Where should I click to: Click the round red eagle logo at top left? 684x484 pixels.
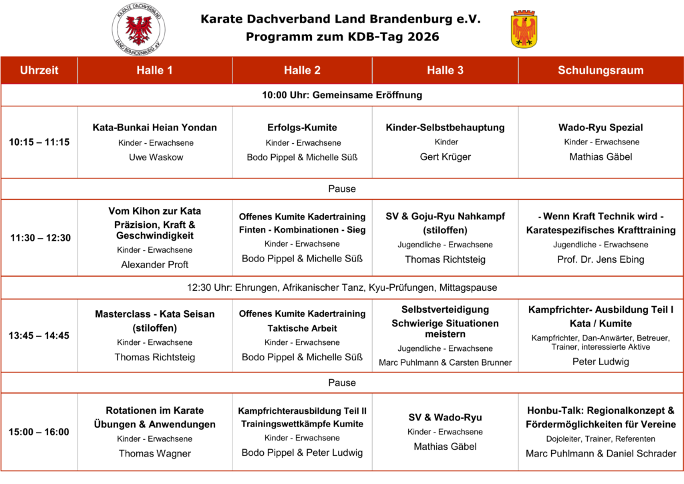point(138,29)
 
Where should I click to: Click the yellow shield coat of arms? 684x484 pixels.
point(524,29)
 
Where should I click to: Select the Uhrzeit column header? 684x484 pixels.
point(39,70)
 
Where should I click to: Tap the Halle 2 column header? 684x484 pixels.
point(302,70)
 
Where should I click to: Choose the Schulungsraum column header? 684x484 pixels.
point(601,70)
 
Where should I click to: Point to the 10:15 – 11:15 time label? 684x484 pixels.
point(39,142)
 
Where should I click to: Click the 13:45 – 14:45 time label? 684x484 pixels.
point(39,336)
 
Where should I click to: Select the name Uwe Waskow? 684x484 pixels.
point(155,158)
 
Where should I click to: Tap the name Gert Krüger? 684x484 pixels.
point(445,157)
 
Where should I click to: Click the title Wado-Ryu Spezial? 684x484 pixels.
point(601,127)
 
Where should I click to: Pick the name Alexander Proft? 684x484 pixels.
point(155,265)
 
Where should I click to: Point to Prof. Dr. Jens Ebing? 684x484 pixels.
point(601,259)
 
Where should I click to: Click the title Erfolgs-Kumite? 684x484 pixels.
point(302,127)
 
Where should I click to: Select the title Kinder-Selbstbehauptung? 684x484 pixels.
point(445,127)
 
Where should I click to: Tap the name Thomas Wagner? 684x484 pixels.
point(155,453)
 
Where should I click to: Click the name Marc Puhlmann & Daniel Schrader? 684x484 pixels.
point(601,453)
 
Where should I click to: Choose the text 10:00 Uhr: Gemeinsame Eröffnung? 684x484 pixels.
point(342,95)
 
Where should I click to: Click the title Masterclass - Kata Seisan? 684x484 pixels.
point(155,314)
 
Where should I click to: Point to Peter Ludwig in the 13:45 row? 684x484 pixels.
point(601,362)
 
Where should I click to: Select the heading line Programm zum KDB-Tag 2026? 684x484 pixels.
point(342,37)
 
